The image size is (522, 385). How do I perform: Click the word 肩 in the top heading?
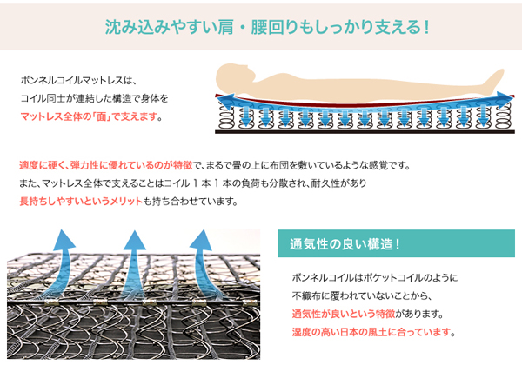tap(225, 27)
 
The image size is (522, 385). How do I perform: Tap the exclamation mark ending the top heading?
tap(426, 27)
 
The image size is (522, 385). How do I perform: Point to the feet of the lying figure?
tap(495, 79)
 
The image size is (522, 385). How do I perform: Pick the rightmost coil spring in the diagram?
tap(504, 116)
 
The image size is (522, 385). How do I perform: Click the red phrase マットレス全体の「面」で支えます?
tap(89, 116)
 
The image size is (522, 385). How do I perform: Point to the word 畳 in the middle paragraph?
tap(237, 165)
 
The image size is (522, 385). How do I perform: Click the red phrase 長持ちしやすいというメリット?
tap(81, 201)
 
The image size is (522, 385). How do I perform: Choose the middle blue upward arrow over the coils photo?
tap(134, 262)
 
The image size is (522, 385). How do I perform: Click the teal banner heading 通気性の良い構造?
tap(345, 244)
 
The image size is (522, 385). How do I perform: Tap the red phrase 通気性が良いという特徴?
tap(344, 314)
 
